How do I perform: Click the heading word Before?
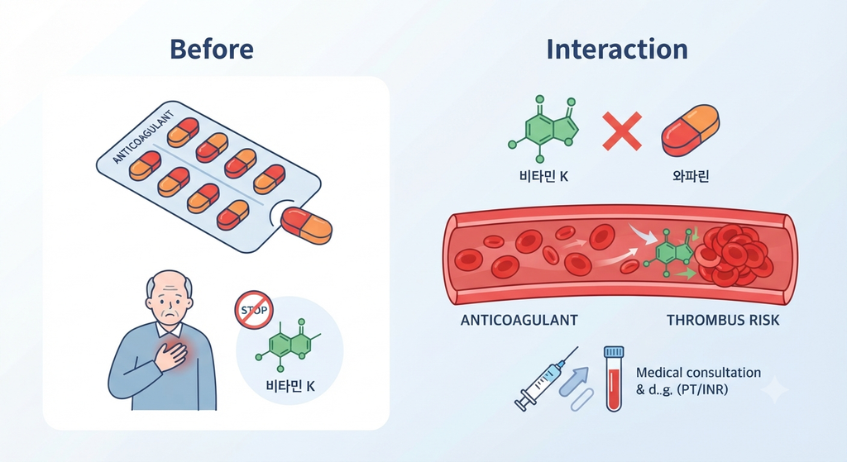click(211, 49)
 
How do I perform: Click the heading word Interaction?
click(617, 49)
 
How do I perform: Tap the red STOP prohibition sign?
click(254, 310)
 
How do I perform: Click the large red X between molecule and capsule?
click(622, 131)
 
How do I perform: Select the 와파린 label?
click(691, 176)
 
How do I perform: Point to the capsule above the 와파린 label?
click(691, 131)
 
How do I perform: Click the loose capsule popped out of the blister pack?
click(306, 225)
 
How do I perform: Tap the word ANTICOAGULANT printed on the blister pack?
click(143, 137)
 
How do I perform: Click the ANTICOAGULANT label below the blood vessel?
click(519, 320)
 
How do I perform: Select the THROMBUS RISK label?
click(723, 320)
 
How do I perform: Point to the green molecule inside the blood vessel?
click(668, 253)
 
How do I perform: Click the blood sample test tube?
click(614, 379)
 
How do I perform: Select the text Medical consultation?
click(698, 373)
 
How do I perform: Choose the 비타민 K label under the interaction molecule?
click(543, 176)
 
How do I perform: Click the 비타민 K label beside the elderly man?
click(290, 386)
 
